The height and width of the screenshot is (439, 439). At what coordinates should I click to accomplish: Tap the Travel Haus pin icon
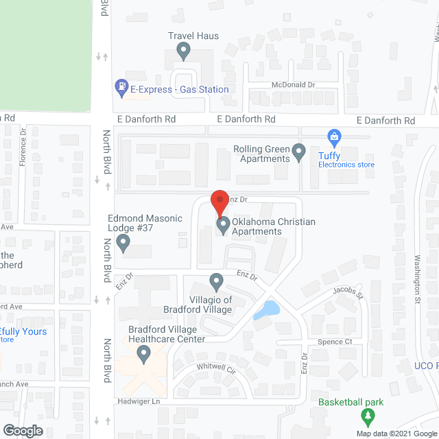(183, 50)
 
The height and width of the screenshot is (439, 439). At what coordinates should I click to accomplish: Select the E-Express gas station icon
(121, 87)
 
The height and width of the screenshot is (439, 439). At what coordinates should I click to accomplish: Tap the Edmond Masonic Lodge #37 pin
(123, 241)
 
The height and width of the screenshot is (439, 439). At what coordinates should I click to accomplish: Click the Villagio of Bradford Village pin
(216, 281)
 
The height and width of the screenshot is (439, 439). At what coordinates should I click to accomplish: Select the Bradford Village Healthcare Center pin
(144, 354)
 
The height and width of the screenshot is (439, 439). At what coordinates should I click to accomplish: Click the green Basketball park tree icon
(368, 416)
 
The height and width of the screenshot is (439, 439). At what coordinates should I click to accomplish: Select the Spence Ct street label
(334, 342)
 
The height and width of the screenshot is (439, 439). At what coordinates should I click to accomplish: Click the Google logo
(22, 431)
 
